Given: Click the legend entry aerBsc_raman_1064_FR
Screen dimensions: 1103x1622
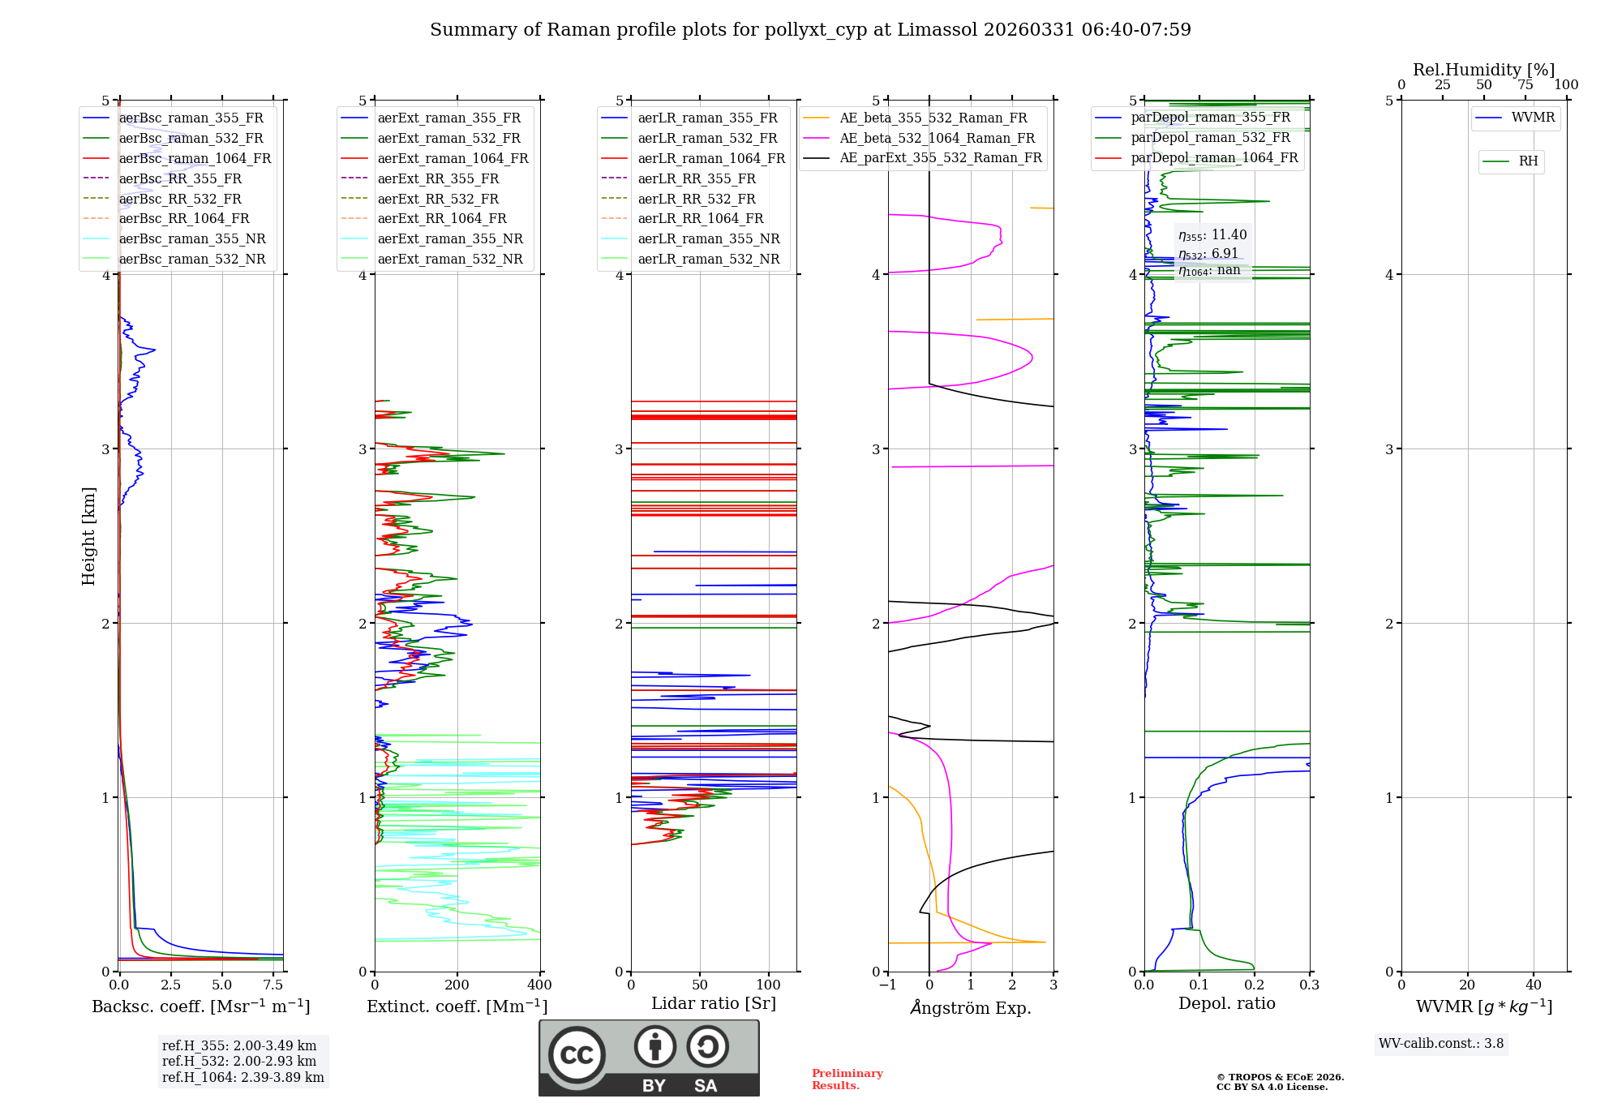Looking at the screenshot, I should coord(195,159).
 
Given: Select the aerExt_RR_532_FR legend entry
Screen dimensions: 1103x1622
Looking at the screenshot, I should coord(438,200).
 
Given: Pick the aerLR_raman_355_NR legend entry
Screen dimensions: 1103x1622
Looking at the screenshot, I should coord(708,239).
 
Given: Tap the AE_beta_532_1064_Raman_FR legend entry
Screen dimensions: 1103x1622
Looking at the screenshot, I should coord(937,139).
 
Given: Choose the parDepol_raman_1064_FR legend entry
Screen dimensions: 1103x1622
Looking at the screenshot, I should coord(1214,158).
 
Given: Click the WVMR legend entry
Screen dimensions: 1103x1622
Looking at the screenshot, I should coord(1533,118).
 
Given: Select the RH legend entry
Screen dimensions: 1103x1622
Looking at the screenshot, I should coord(1528,161).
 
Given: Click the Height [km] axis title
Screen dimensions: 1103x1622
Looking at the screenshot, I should coord(88,536).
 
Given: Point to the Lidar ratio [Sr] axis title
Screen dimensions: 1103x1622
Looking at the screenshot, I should coord(714,1004).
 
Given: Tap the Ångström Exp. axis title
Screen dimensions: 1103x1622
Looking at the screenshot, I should coord(971,1008).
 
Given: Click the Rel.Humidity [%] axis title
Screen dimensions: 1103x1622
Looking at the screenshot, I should coord(1483,70).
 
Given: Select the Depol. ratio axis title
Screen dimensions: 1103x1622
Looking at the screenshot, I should coord(1226,1004).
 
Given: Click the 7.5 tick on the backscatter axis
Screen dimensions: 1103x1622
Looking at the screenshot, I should coord(273,985).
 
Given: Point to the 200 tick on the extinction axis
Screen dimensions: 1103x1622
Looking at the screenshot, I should coord(457,985).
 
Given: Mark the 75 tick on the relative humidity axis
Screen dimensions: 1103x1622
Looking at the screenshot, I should coord(1525,85).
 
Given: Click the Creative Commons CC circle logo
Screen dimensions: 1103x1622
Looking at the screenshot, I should coord(577,1054).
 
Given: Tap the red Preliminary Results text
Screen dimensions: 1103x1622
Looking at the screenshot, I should coord(847,1079).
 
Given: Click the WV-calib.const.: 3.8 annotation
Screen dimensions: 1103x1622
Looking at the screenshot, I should coord(1440,1044).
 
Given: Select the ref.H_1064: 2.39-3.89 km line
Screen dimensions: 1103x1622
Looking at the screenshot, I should coord(242,1078).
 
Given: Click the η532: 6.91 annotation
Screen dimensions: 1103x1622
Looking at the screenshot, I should coord(1208,254).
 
